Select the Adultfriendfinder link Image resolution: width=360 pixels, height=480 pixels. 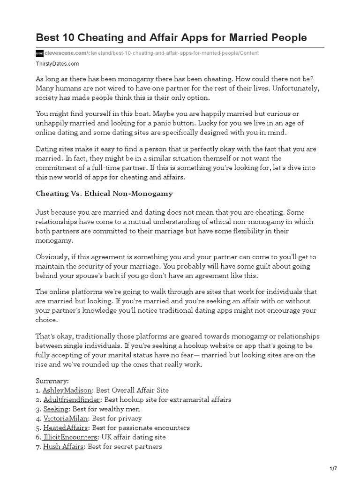pos(71,399)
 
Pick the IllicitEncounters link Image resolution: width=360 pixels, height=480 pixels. pos(69,437)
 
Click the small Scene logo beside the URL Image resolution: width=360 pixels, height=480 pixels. pos(39,53)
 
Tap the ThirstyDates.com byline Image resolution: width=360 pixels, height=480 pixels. pos(57,63)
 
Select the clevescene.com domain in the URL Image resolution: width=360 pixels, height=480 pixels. pos(66,53)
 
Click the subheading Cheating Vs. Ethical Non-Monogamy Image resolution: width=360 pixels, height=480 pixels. pos(104,193)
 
